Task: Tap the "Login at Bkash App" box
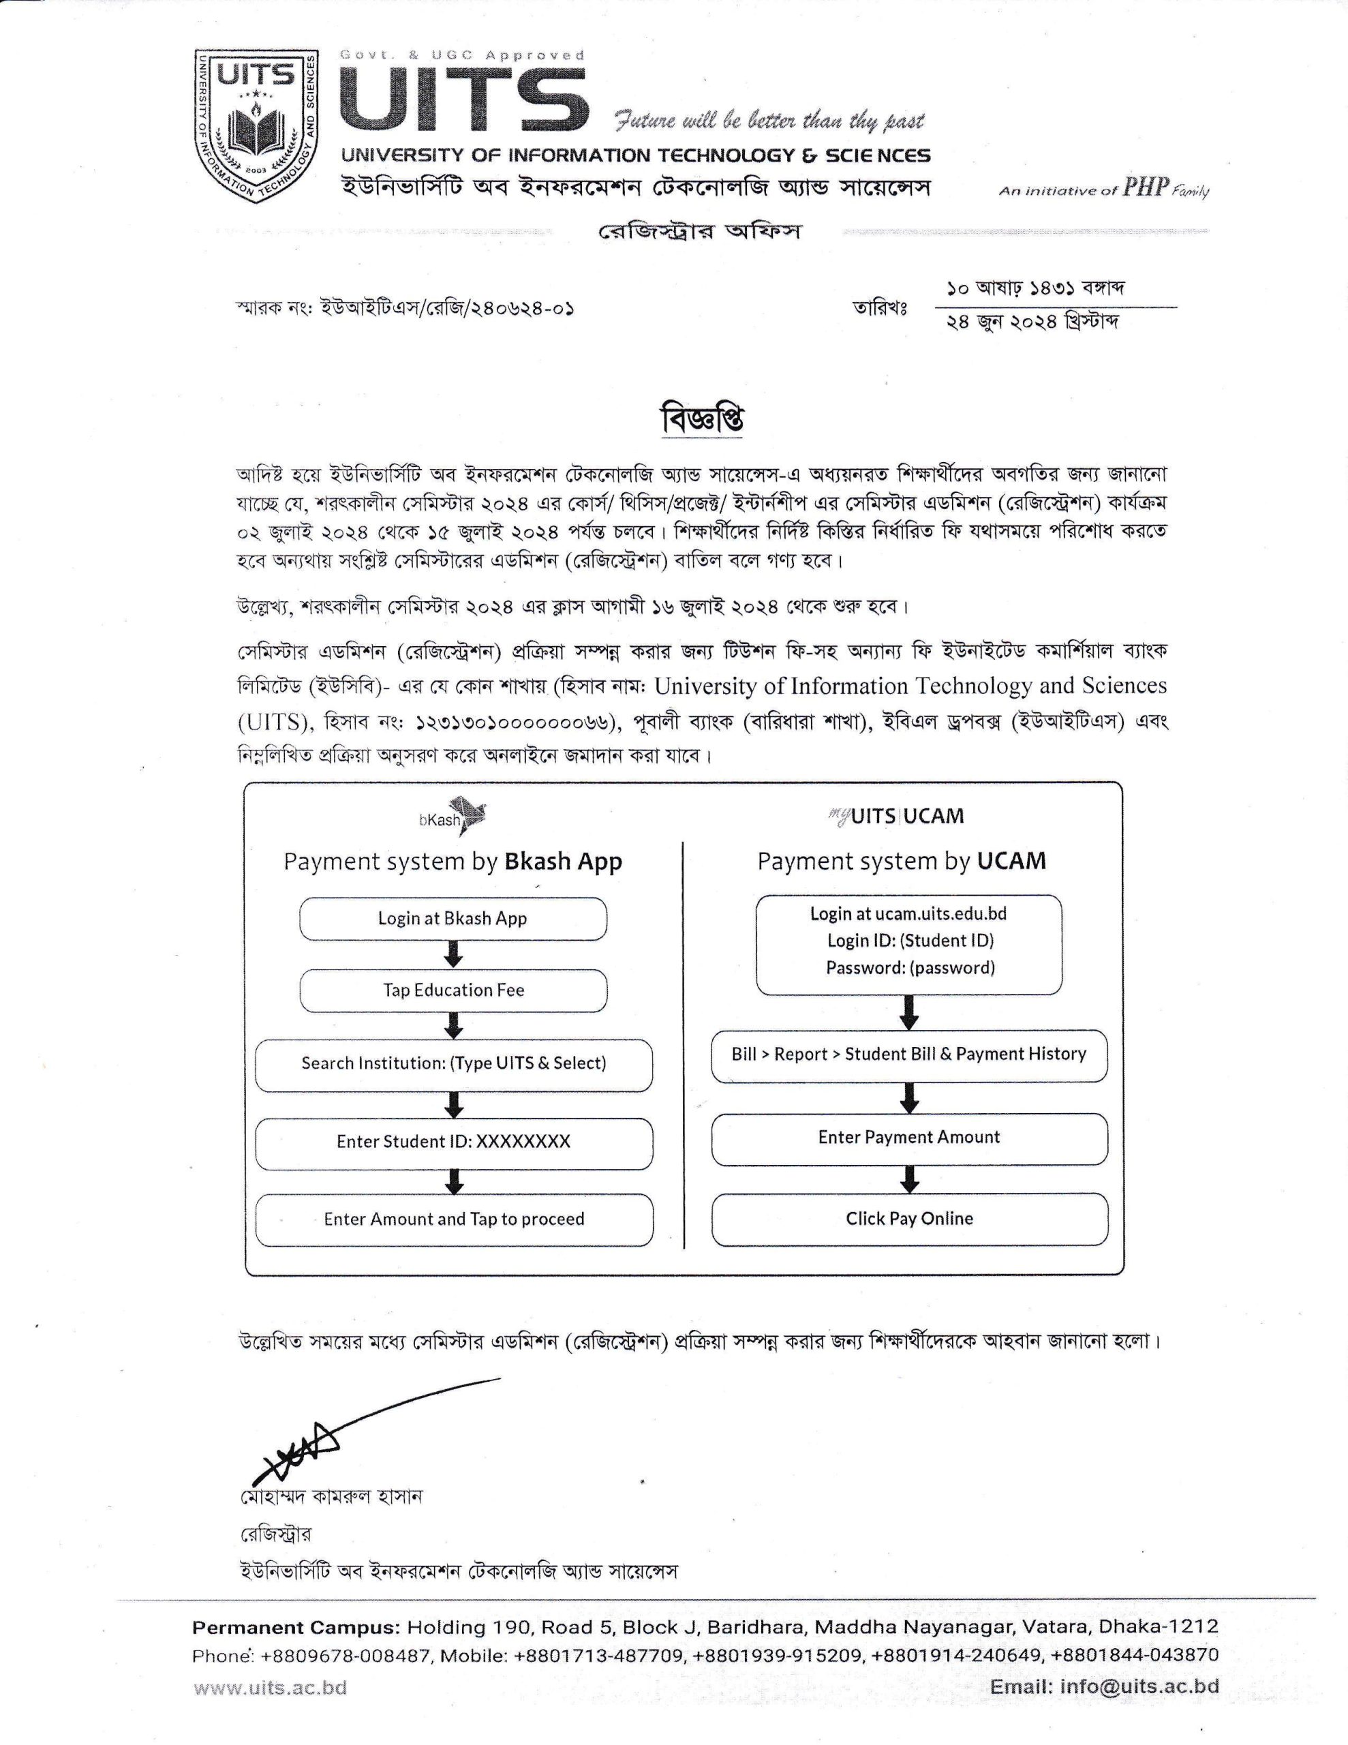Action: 453,918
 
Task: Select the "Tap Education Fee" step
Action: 453,990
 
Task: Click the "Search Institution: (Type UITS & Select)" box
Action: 453,1063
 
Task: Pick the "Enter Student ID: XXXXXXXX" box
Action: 453,1142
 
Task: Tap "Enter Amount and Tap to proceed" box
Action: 453,1219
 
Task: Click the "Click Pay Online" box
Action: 909,1219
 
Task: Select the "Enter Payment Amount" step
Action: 909,1137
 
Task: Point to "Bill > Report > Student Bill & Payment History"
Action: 909,1054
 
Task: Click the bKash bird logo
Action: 467,816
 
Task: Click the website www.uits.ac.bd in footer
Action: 270,1688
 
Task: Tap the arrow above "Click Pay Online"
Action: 909,1179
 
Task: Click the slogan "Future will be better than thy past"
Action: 769,121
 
